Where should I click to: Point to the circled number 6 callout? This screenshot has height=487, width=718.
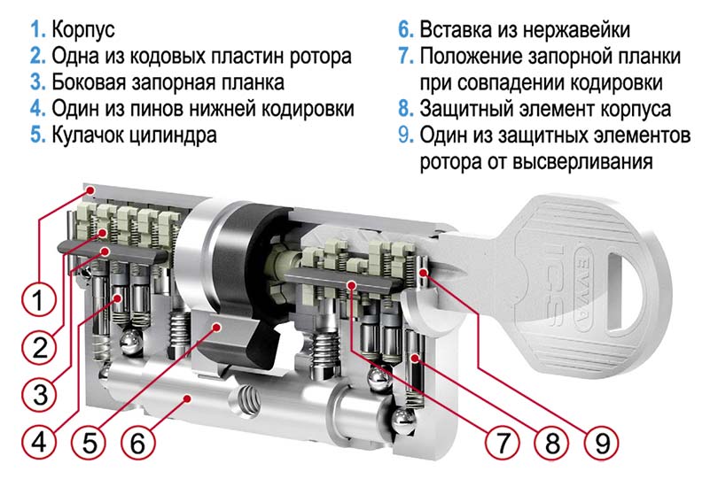[x=137, y=440]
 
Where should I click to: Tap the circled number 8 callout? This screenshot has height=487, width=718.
[x=554, y=440]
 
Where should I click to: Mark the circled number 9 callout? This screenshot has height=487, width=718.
[x=604, y=440]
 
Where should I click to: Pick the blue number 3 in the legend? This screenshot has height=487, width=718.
[x=35, y=83]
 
